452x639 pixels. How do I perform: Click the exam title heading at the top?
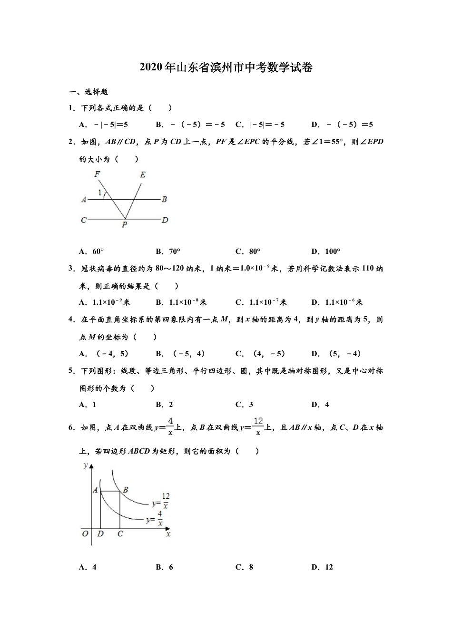[226, 68]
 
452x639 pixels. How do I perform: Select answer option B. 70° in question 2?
[168, 252]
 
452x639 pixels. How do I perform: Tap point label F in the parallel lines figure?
[98, 174]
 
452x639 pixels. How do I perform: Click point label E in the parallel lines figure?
[142, 174]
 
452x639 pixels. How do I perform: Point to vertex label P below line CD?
[124, 225]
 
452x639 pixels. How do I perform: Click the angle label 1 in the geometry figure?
[100, 193]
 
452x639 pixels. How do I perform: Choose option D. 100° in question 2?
[326, 252]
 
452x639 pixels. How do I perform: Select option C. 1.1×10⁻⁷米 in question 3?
[261, 302]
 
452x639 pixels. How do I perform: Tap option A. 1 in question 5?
[88, 405]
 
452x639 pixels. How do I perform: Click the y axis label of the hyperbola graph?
[86, 465]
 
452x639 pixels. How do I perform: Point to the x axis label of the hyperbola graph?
[168, 534]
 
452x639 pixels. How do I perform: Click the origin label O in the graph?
[85, 534]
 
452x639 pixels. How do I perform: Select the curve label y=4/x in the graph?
[155, 519]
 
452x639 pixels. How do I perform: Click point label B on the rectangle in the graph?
[126, 489]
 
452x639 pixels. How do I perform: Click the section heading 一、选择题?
[89, 92]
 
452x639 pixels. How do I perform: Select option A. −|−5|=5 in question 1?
[104, 125]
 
